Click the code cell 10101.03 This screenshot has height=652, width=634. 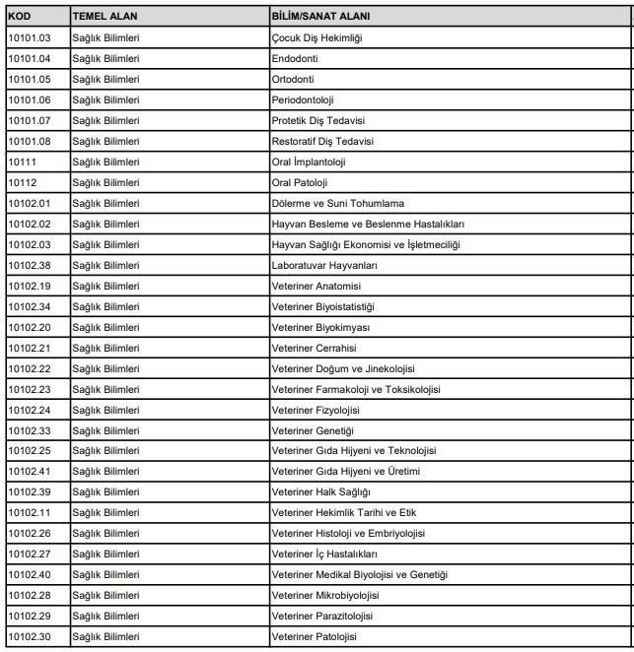pos(29,38)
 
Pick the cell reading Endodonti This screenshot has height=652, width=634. pos(294,59)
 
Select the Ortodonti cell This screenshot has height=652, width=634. pos(293,80)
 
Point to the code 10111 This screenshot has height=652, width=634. pos(23,162)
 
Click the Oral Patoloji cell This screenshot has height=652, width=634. pos(299,182)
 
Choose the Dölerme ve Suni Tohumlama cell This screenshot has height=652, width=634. pos(337,203)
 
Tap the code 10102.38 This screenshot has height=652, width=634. pos(29,265)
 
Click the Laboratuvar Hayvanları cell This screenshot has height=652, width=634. pos(324,265)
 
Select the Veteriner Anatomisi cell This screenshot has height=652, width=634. pos(316,286)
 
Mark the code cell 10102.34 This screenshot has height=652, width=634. pos(29,306)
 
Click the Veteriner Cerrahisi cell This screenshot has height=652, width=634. pos(314,348)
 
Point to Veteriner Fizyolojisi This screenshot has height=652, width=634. pos(316,410)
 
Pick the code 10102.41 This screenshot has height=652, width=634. pos(29,471)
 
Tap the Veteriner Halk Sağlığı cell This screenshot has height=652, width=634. pos(320,491)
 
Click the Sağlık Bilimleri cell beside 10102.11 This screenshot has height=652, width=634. pos(106,512)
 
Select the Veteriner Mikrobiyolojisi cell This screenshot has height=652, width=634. pos(324,595)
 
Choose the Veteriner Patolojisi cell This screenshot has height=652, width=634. pos(314,636)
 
